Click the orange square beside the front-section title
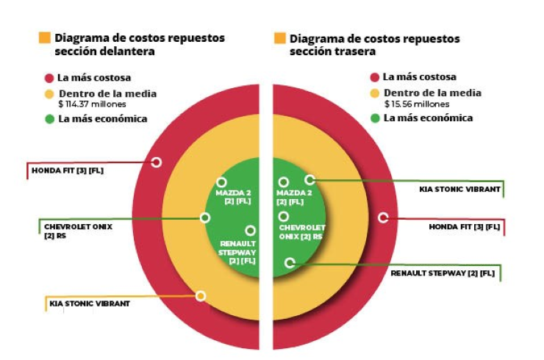click(x=45, y=37)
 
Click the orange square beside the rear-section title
click(x=279, y=37)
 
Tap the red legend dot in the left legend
click(x=49, y=77)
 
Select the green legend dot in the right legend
click(x=374, y=118)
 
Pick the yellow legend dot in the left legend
click(x=49, y=94)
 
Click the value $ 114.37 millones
click(x=93, y=104)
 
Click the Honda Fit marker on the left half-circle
click(x=156, y=162)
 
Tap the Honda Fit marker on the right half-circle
click(x=383, y=217)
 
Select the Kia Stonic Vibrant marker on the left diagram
click(x=200, y=295)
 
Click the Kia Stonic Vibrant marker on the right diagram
click(x=309, y=179)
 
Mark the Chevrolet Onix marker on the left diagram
click(x=205, y=217)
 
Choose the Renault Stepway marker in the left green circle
click(x=250, y=231)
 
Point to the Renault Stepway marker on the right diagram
click(x=290, y=262)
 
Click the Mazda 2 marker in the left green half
click(x=221, y=181)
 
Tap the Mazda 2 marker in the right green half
click(x=283, y=181)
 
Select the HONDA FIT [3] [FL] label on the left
click(x=66, y=171)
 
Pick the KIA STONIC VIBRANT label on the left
click(x=90, y=303)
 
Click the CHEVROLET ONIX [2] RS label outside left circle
click(x=78, y=231)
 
